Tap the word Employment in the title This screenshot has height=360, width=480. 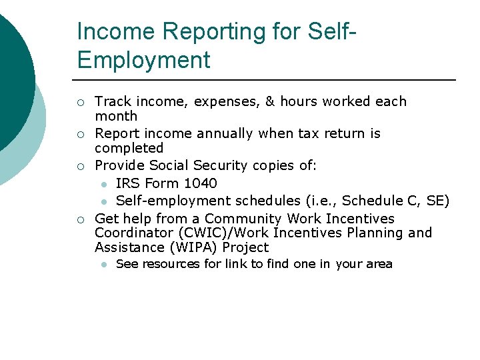point(143,60)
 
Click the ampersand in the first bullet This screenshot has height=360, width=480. point(270,101)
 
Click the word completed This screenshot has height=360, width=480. point(129,148)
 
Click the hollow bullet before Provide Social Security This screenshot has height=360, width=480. point(80,166)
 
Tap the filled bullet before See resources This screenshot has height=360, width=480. point(104,265)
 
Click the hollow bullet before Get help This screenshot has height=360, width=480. point(80,219)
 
